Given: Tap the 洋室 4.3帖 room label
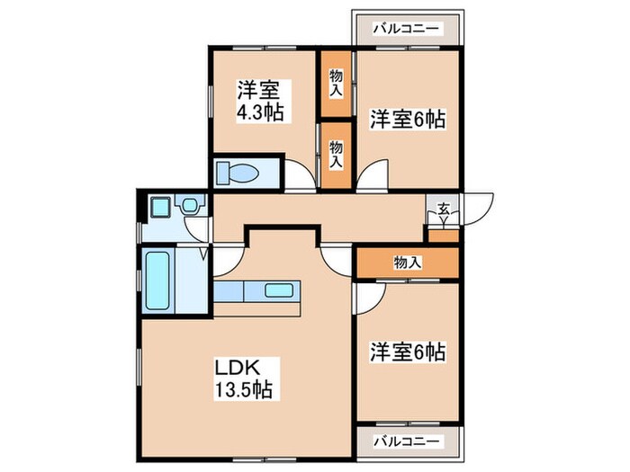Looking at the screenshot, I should (257, 102).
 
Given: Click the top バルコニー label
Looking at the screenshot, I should (407, 29).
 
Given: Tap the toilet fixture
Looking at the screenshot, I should (239, 172).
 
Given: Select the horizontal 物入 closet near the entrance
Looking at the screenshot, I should (407, 263).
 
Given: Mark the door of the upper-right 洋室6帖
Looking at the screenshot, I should (371, 176).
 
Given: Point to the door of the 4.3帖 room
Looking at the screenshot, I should (301, 176).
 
